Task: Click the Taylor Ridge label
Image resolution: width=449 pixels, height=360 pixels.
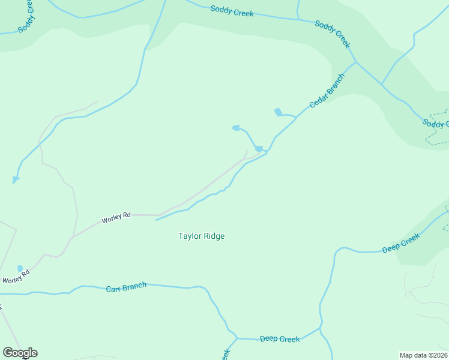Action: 202,236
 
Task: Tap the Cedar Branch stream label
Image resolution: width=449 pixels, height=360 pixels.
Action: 327,91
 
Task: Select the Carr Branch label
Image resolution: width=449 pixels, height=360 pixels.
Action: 126,287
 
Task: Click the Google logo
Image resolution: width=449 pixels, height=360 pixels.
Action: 20,353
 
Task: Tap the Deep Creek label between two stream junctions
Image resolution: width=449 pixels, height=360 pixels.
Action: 280,339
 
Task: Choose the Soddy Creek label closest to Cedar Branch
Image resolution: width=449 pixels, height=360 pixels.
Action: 332,34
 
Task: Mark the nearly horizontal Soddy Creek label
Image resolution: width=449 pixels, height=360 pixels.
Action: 232,11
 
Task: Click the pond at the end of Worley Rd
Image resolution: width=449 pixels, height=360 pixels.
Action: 259,149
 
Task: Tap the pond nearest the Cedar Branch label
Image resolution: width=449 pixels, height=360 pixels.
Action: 278,112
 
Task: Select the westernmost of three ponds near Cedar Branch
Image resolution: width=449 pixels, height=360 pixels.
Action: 236,127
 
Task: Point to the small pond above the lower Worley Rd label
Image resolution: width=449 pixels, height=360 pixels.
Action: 20,268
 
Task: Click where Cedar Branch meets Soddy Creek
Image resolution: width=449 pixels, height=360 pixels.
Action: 356,62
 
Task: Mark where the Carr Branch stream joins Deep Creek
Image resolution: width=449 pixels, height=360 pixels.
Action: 237,338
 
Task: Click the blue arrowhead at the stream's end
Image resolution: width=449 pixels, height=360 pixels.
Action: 15,179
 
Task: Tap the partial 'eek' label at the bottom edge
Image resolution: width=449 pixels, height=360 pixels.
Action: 226,355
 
